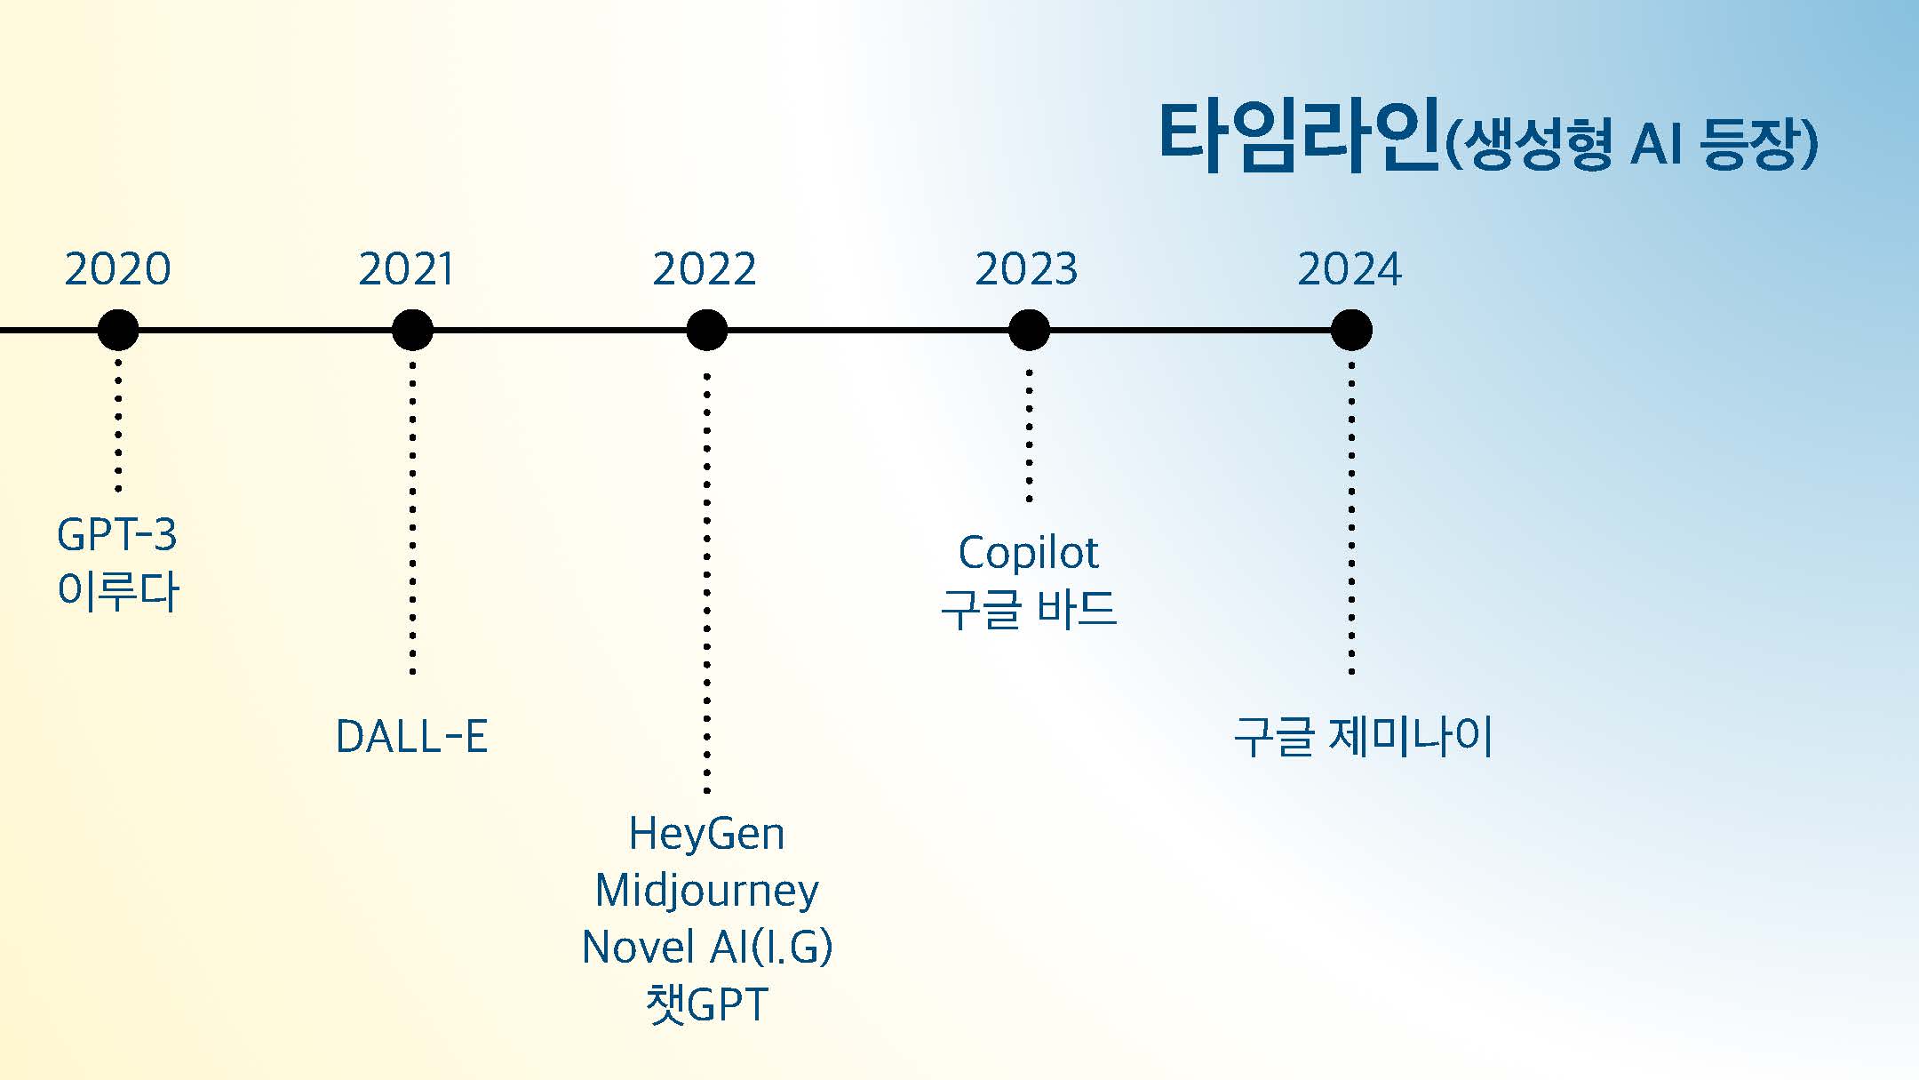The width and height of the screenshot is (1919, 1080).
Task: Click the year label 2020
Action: pos(117,268)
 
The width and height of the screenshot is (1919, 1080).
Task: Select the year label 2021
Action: pos(406,268)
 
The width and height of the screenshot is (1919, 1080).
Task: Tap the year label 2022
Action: pos(705,268)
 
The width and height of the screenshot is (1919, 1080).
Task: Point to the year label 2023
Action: pos(1026,268)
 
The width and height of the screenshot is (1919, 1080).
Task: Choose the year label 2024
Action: pos(1350,268)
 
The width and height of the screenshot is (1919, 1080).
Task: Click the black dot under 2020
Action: pos(118,331)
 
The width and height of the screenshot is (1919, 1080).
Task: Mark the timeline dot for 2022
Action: pos(707,331)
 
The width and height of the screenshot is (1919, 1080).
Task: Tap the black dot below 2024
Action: pos(1351,331)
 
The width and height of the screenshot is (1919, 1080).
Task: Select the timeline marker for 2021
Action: pos(412,331)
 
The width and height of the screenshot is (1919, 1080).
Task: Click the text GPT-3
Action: pos(117,535)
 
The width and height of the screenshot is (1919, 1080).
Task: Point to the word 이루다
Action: pos(118,591)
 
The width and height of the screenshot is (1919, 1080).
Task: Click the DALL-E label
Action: pos(412,737)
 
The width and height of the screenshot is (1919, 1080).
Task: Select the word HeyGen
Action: pos(706,834)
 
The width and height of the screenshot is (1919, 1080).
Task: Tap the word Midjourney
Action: pos(706,891)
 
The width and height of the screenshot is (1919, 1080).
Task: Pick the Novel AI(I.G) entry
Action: pos(707,948)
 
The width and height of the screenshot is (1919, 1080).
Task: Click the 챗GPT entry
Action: pos(706,1004)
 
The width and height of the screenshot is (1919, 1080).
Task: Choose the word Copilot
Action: pos(1028,553)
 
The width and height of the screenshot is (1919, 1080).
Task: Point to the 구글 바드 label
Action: pos(1028,610)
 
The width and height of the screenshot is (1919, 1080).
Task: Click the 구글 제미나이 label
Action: pos(1363,737)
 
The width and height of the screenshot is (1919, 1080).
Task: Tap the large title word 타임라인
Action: pos(1297,138)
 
